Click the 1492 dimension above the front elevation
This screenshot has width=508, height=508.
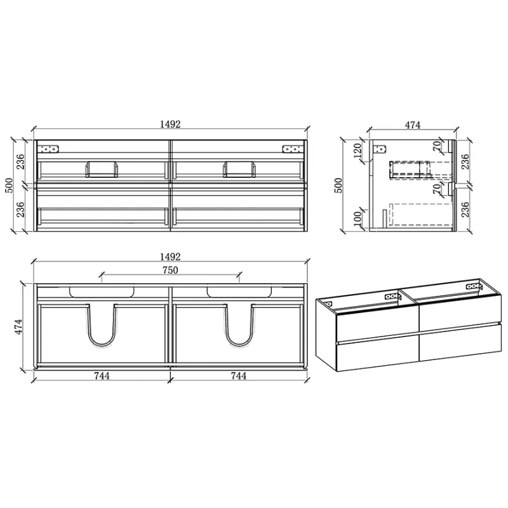pos(170,124)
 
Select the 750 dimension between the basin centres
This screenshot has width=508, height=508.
pos(170,271)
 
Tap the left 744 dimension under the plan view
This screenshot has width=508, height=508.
pos(102,376)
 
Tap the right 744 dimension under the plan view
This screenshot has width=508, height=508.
pos(239,376)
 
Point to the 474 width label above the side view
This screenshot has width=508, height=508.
pos(412,124)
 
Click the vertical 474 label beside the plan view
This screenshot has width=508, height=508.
pos(18,326)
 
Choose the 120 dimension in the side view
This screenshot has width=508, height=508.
pos(358,150)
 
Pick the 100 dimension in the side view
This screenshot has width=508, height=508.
pos(358,218)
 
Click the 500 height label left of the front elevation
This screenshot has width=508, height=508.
pos(9,185)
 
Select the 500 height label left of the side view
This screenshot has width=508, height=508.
pos(338,185)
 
